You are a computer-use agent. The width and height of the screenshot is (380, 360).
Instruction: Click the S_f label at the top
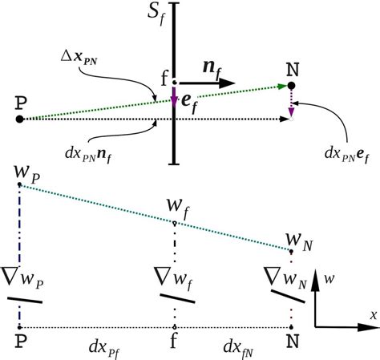point(156,14)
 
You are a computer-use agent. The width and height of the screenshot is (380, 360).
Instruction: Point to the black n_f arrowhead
point(227,83)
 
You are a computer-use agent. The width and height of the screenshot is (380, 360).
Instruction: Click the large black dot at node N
point(291,86)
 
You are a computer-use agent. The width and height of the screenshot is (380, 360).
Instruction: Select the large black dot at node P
point(19,119)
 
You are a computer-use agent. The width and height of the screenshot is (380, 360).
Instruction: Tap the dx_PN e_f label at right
point(347,155)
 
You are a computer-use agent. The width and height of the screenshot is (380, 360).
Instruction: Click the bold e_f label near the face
point(190,103)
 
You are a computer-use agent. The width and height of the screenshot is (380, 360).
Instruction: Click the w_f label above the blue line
point(178,208)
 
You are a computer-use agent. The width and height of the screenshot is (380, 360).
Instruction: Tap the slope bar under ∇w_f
point(177,298)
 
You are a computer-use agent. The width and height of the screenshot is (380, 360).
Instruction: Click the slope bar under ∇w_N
point(288,297)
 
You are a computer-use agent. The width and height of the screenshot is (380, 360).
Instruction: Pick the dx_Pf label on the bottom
point(104,349)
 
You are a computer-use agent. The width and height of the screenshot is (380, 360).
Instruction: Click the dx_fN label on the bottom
point(238,349)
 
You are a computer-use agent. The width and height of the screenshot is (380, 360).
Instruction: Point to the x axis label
point(374,315)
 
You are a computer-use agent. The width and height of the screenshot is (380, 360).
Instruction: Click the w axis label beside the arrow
point(329,279)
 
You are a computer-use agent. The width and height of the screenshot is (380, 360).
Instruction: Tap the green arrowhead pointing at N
point(282,87)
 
